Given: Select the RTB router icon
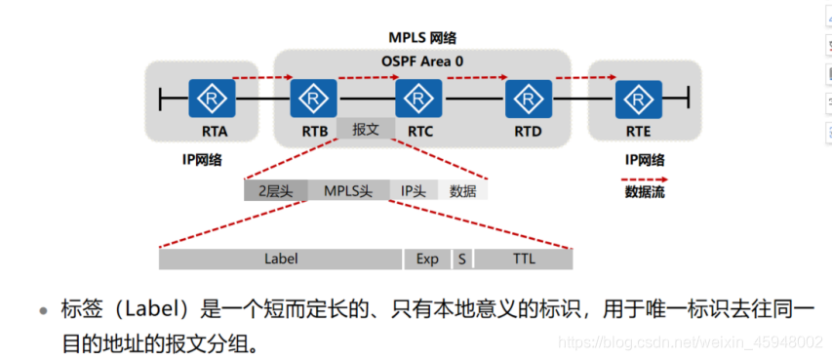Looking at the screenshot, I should click(x=313, y=99).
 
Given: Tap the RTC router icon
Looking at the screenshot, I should click(x=418, y=99).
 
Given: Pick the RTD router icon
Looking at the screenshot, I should click(x=528, y=99).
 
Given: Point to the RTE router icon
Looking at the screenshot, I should click(x=638, y=99).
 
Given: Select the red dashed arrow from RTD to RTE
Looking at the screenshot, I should click(x=583, y=75).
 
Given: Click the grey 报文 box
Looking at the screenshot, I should click(x=365, y=128).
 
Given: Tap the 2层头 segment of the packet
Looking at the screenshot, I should click(x=276, y=191).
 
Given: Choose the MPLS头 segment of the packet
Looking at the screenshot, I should click(x=348, y=191).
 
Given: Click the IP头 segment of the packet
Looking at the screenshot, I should click(x=414, y=191).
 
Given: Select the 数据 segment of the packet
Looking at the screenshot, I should click(x=462, y=191).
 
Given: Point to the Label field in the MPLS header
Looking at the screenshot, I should click(x=281, y=260).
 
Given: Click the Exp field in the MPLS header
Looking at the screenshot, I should click(x=427, y=260).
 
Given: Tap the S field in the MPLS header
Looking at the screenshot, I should click(x=460, y=260).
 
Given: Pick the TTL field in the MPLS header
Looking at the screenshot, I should click(x=523, y=260).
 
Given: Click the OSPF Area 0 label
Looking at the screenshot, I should click(x=421, y=60).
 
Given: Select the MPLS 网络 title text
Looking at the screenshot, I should click(x=421, y=38).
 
